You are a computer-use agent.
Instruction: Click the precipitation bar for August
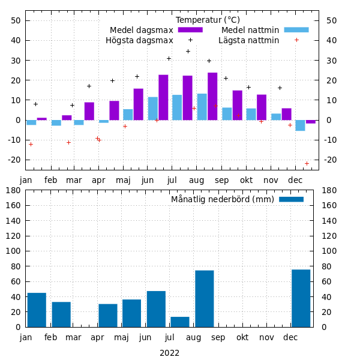point(204,299)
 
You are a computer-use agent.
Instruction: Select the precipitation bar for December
point(301,298)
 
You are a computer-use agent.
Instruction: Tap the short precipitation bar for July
point(180,322)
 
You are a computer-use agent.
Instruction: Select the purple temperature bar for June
point(163,97)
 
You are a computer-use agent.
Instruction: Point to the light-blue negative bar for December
point(300,125)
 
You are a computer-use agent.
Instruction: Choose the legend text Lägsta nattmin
point(248,40)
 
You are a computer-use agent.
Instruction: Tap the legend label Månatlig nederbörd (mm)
point(223,199)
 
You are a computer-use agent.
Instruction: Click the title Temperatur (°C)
point(208,20)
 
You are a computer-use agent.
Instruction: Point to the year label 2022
point(169,353)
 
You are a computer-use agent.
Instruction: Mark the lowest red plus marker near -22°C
point(307,163)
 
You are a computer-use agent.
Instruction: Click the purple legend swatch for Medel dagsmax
point(191,30)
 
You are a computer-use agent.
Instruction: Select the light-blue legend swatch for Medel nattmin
point(296,30)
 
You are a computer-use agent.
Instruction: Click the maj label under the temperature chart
point(123,180)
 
